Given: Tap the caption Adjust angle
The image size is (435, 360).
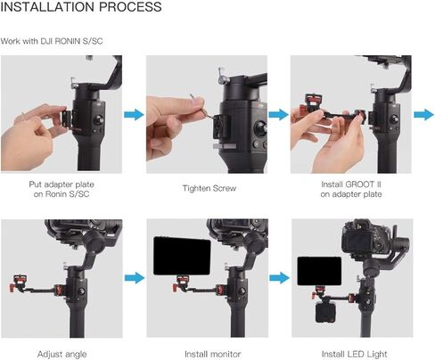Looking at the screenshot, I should tap(62, 354).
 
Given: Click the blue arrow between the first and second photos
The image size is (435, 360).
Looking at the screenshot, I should tap(132, 114).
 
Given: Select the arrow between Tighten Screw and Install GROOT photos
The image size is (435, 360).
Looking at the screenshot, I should tap(277, 114).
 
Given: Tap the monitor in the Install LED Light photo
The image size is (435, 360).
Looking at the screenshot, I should tap(313, 273).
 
